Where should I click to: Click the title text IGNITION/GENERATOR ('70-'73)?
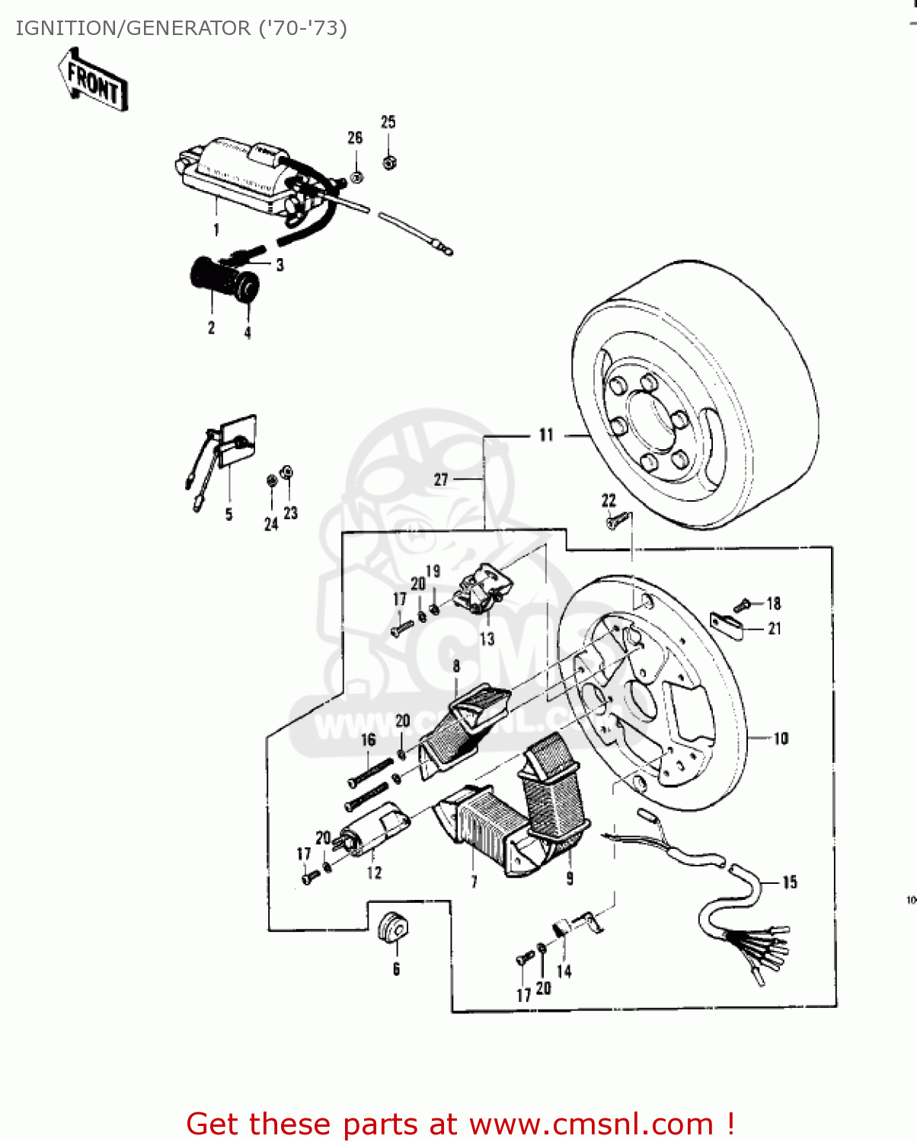coord(181,28)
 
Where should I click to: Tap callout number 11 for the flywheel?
coord(546,435)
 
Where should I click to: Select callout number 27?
coord(441,480)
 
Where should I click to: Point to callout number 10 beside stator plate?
coord(781,738)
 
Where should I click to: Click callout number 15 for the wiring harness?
coord(790,882)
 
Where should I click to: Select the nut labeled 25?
coord(389,161)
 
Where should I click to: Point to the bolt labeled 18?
coord(742,605)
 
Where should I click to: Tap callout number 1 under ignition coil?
coord(216,229)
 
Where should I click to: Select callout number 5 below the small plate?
coord(228,515)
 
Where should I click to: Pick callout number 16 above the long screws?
coord(368,740)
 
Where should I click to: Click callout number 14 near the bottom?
coord(564,971)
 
